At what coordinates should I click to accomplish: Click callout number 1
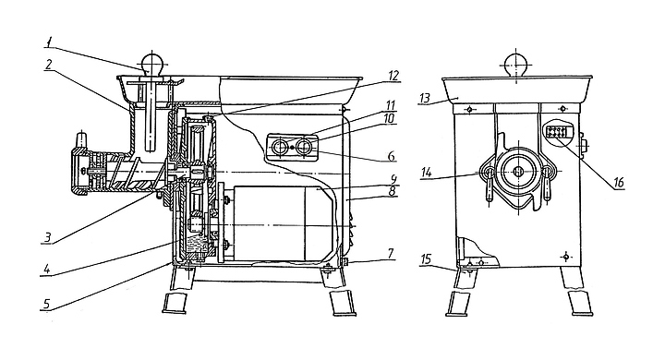[49, 42]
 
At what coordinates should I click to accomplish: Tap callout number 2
[49, 65]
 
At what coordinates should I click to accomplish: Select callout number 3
[48, 237]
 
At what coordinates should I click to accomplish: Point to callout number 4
[47, 270]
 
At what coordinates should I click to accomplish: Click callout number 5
[46, 304]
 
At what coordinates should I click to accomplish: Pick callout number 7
[391, 254]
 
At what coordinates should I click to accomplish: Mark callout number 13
[425, 99]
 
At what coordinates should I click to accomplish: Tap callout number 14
[427, 173]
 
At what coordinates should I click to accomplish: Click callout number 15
[426, 259]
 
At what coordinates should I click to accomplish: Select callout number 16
[618, 183]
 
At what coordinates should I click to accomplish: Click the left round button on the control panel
[280, 148]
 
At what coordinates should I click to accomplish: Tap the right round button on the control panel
[304, 148]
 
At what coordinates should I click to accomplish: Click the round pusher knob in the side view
[152, 63]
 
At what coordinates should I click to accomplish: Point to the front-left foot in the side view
[175, 303]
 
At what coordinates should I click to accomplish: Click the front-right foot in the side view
[343, 304]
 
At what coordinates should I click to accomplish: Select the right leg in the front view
[576, 292]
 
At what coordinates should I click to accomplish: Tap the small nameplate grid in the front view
[556, 132]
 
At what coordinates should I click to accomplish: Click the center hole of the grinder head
[518, 171]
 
